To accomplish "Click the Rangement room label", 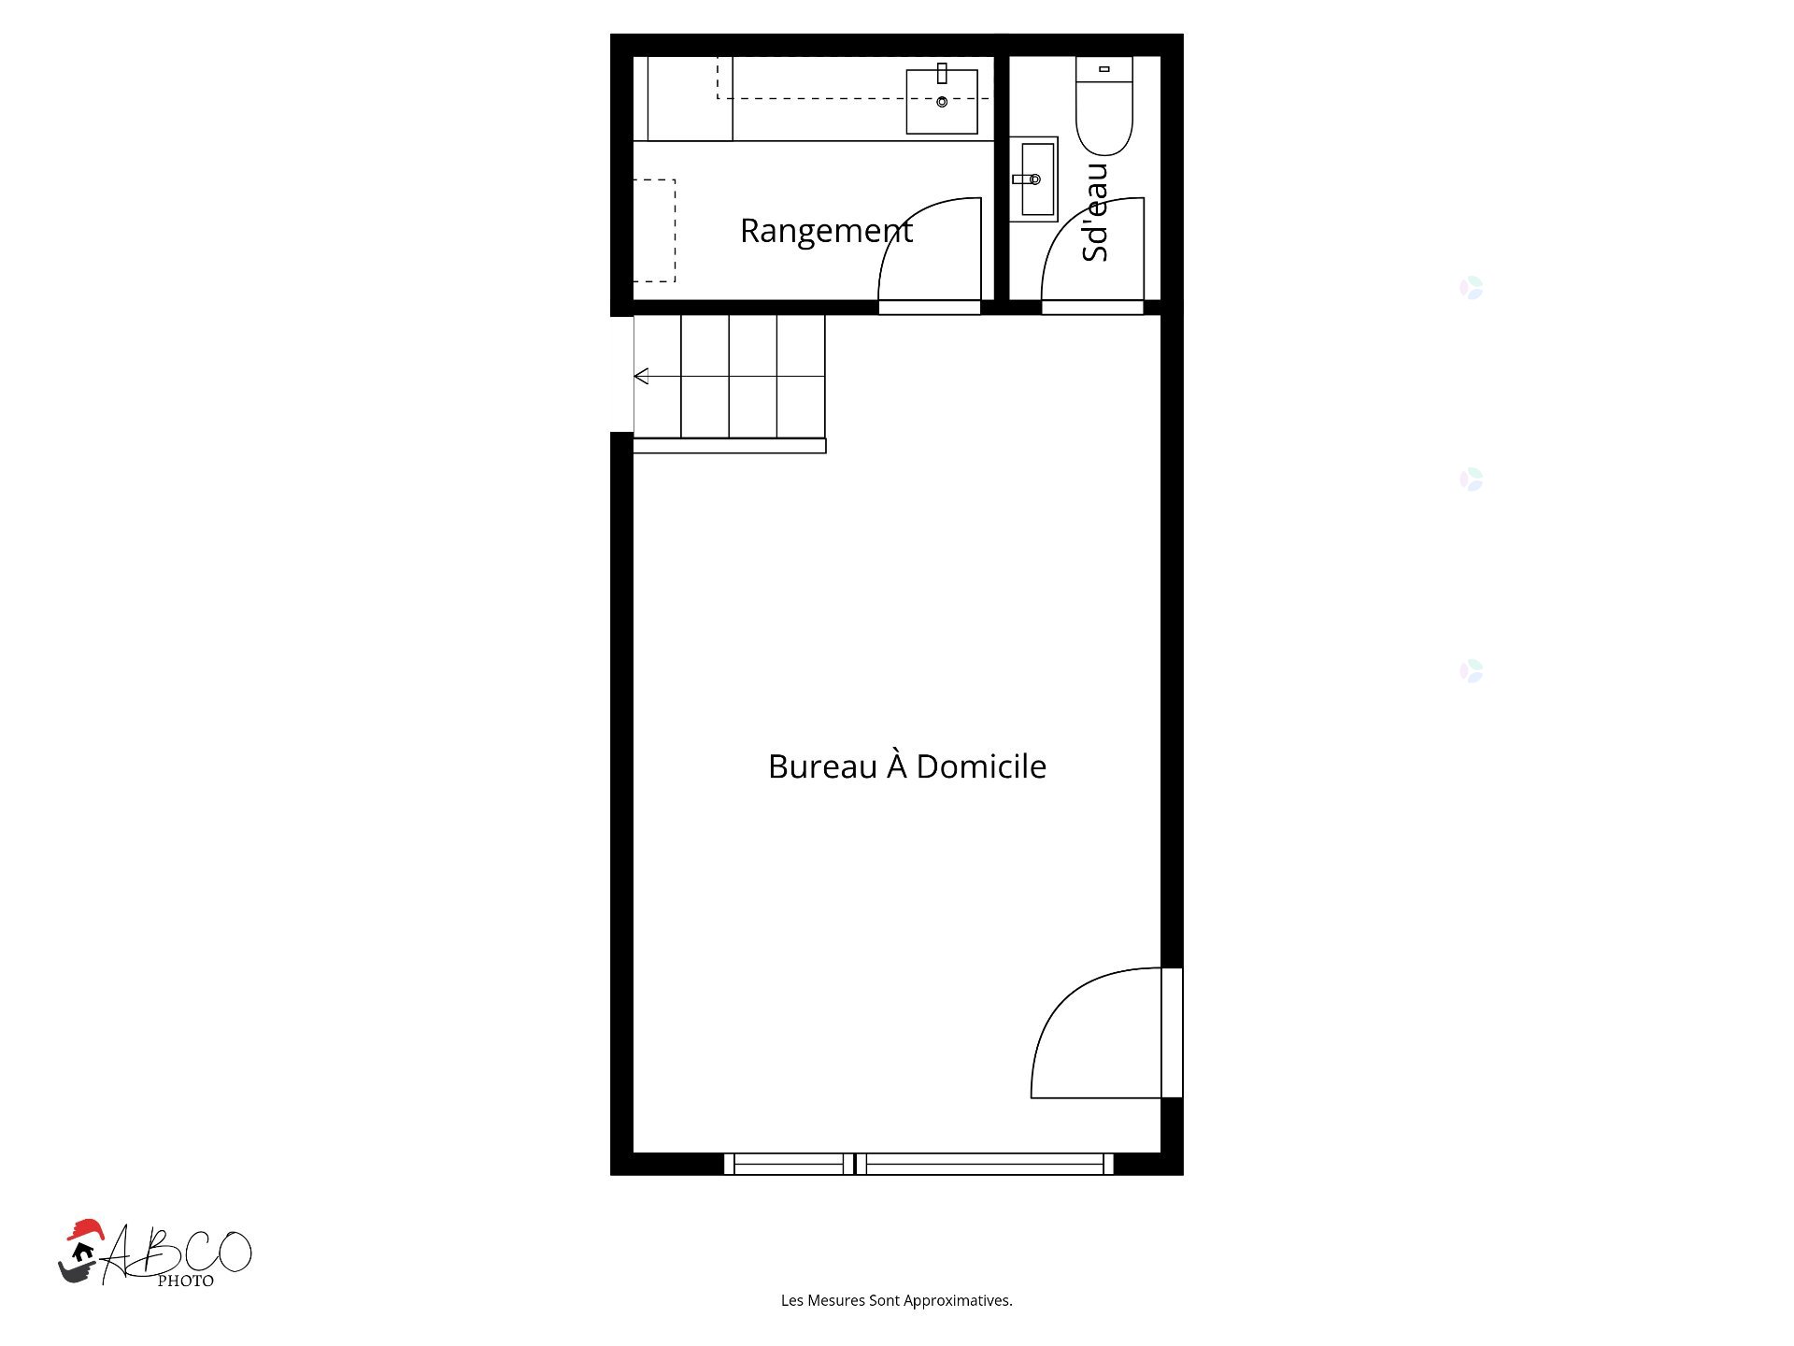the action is (826, 231).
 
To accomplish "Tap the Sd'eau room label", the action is (1094, 212).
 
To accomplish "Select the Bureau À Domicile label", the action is (906, 766).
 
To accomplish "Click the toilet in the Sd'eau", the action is (1104, 105).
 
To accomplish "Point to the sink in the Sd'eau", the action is (1033, 179).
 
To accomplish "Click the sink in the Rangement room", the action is (942, 100).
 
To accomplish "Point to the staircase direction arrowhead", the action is (641, 376).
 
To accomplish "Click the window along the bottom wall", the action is (918, 1164).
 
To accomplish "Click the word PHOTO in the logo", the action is (185, 1281).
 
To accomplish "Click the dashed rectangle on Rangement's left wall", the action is (654, 230).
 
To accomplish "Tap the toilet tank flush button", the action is (1104, 69).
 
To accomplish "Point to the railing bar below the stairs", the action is (730, 447).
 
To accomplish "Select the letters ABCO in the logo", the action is (178, 1253).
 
